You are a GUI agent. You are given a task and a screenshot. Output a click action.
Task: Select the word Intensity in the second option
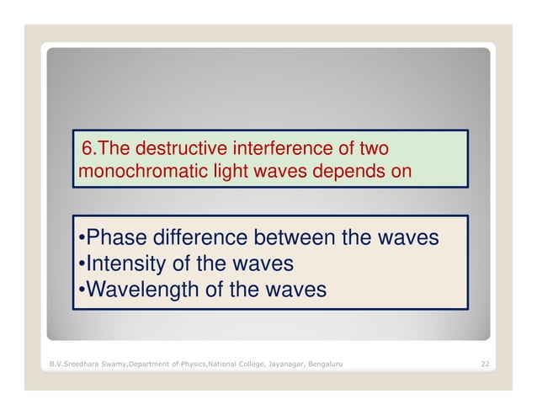point(130,264)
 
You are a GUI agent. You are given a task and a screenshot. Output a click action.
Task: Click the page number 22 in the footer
point(485,364)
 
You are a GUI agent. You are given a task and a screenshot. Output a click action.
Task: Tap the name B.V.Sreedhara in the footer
point(72,364)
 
